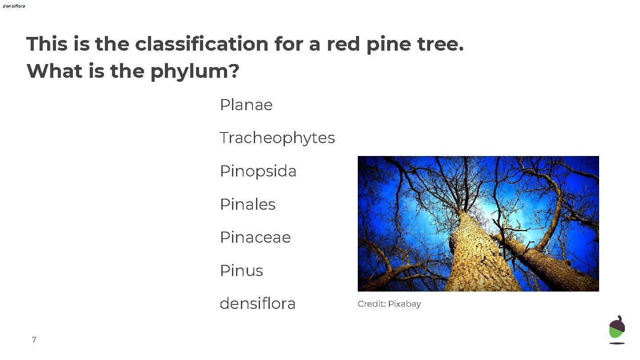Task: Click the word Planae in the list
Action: [246, 105]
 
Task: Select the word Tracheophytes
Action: [277, 138]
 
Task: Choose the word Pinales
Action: [248, 204]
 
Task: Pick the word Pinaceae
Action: [255, 237]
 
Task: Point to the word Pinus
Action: [241, 271]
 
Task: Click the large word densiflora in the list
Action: [258, 304]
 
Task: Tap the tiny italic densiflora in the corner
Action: [14, 6]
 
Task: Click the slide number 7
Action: [34, 340]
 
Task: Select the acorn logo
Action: [617, 329]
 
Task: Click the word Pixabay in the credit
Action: [404, 304]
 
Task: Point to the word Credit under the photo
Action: [371, 304]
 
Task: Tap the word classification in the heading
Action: [201, 44]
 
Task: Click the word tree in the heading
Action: [439, 44]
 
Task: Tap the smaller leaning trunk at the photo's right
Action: [551, 262]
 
